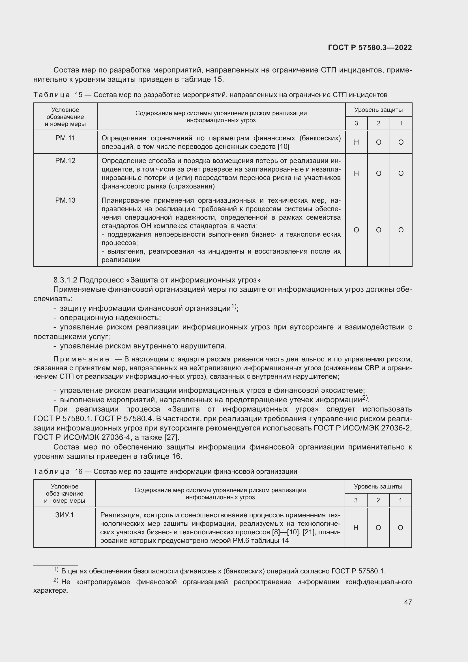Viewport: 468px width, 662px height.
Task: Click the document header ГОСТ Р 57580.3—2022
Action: [x=370, y=48]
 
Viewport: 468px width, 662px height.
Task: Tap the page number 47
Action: [x=408, y=602]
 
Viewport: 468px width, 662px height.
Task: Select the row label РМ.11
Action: [x=65, y=138]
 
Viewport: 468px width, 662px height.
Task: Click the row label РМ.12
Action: [x=65, y=160]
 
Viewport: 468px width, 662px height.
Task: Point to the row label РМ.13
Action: [x=65, y=200]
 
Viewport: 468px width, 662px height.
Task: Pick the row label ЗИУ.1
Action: [x=65, y=515]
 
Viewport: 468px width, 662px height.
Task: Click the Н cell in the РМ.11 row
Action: [x=356, y=142]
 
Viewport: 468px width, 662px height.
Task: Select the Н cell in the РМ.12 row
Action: [x=356, y=173]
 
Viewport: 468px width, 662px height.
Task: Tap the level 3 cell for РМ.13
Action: [x=356, y=230]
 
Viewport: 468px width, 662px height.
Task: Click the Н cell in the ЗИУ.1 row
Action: [x=356, y=528]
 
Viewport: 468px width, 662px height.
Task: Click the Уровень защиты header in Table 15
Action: [x=378, y=110]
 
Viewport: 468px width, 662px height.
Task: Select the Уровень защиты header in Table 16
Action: [x=378, y=487]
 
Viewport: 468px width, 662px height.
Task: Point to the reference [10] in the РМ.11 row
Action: [x=283, y=147]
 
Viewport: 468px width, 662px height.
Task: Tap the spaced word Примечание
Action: [x=81, y=359]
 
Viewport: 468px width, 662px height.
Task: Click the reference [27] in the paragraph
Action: [x=171, y=437]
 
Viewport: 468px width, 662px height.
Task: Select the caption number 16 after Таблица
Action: [x=78, y=472]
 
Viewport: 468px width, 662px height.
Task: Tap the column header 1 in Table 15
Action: [x=401, y=123]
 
